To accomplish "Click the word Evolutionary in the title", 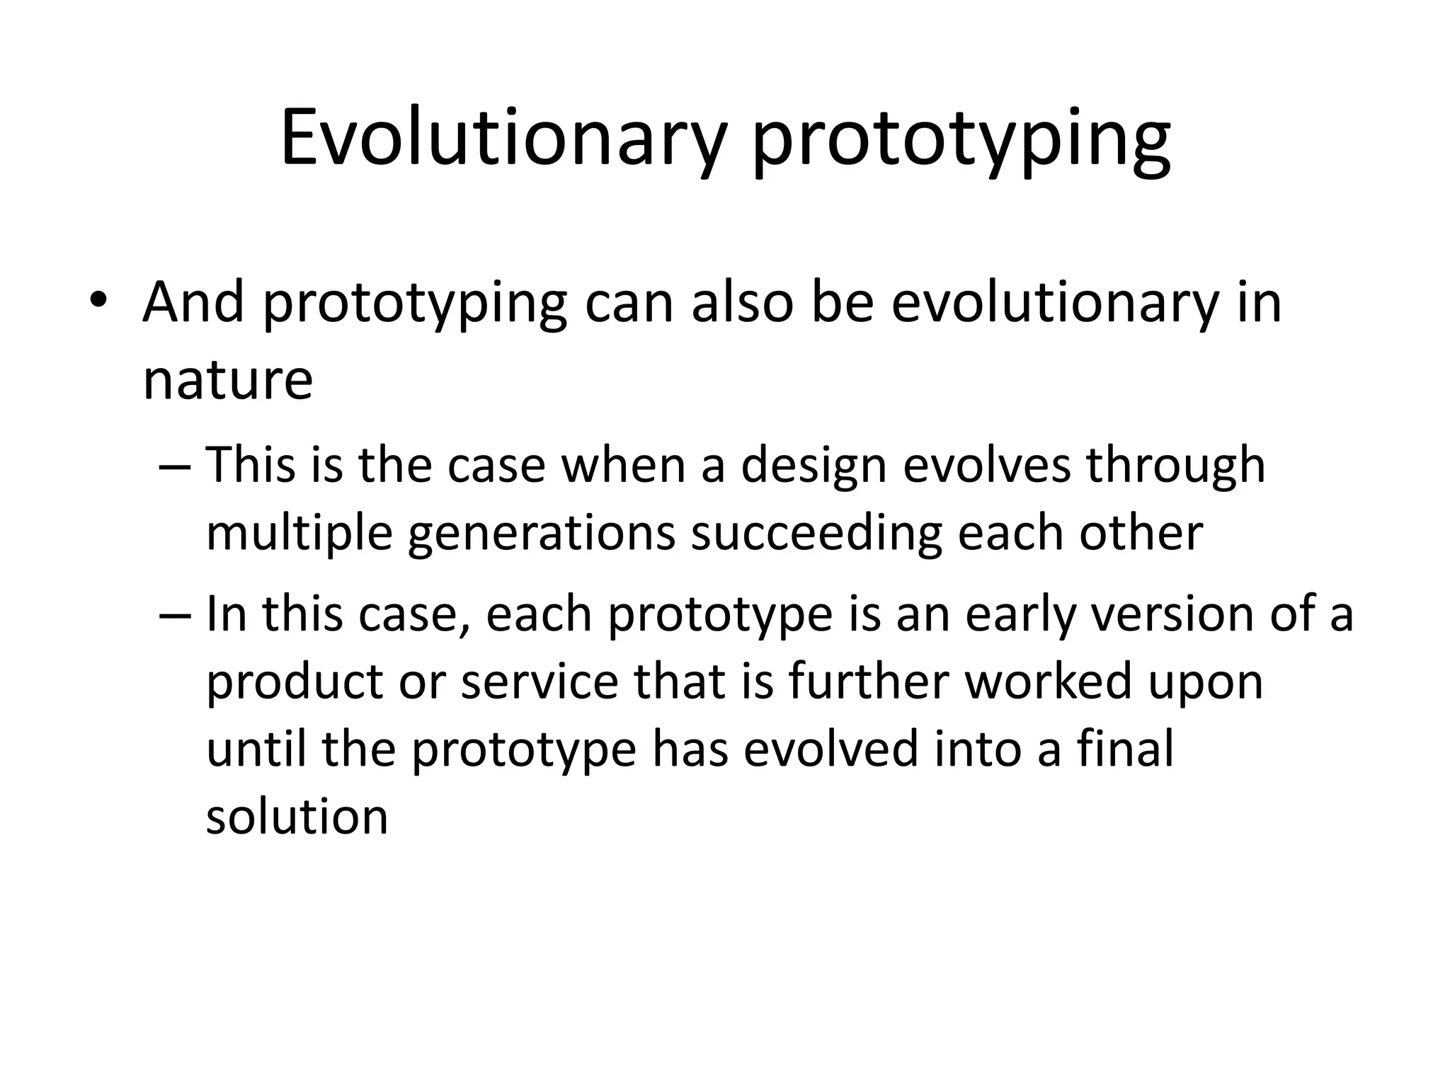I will click(503, 138).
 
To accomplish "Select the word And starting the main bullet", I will click(193, 303).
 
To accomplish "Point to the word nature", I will click(227, 381).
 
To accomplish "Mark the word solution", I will click(297, 817).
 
